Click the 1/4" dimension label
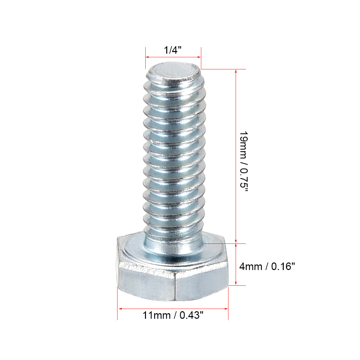(x=173, y=50)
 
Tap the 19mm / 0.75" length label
(x=244, y=162)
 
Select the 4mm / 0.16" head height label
(x=267, y=266)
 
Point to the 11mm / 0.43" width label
(x=173, y=315)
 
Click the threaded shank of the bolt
(x=173, y=157)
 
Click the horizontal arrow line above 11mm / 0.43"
(x=173, y=308)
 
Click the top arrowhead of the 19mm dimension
(x=236, y=71)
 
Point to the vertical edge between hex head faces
(x=176, y=288)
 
